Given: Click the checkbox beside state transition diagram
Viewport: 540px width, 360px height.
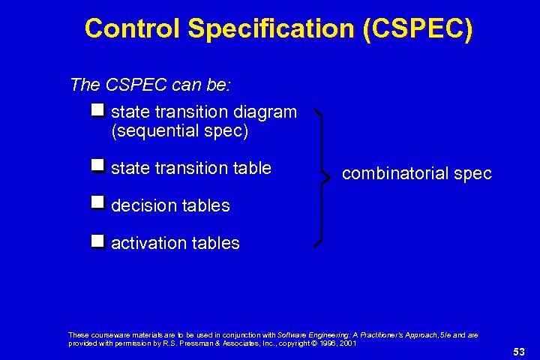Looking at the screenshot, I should click(x=97, y=111).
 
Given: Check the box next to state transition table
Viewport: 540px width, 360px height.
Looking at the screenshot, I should click(x=97, y=165).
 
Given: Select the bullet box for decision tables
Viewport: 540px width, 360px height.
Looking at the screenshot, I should click(x=97, y=202).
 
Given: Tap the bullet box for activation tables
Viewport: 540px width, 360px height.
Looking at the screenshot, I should click(x=97, y=241).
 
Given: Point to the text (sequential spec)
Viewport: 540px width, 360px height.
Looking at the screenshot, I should click(x=179, y=131).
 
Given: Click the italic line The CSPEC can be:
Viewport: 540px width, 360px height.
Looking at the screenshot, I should click(x=150, y=84).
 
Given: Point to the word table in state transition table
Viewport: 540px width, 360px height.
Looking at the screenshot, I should click(x=250, y=168).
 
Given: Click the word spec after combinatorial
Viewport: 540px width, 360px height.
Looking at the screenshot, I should click(x=472, y=174).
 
